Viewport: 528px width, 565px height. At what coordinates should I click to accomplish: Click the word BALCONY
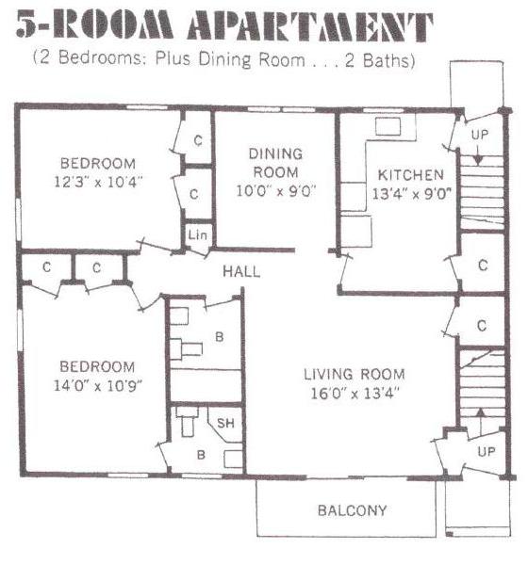click(x=352, y=510)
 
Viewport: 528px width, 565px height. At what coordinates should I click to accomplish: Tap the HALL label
click(x=241, y=271)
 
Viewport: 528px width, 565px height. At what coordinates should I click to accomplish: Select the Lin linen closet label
click(x=197, y=234)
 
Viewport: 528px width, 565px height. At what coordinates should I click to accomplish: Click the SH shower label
click(x=225, y=423)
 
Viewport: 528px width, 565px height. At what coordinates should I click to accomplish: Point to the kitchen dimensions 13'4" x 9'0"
click(x=411, y=194)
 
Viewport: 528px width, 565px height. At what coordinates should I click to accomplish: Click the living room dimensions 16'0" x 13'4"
click(x=355, y=393)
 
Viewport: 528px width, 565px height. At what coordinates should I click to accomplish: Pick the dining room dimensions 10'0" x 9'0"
click(x=276, y=190)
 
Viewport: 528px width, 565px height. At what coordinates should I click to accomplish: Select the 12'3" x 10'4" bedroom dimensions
click(x=98, y=182)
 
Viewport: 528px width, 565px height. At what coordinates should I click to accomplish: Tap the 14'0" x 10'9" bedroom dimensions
click(x=98, y=386)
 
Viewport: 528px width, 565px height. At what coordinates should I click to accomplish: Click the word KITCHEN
click(x=411, y=175)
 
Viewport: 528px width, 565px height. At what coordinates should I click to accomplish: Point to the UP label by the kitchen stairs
click(x=480, y=135)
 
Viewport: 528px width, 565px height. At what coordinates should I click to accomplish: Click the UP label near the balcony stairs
click(x=487, y=451)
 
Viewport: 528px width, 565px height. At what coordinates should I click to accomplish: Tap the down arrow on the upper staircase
click(x=478, y=154)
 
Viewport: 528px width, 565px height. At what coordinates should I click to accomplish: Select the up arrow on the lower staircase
click(x=480, y=422)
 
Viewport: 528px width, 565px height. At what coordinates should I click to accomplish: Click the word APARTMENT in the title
click(x=310, y=25)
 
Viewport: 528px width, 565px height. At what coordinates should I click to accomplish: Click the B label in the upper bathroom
click(x=220, y=337)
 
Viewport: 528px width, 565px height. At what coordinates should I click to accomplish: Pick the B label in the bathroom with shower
click(x=201, y=455)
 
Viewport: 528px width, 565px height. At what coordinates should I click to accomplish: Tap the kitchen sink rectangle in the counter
click(x=388, y=126)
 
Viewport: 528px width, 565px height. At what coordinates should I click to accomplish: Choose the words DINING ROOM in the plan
click(x=275, y=163)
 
